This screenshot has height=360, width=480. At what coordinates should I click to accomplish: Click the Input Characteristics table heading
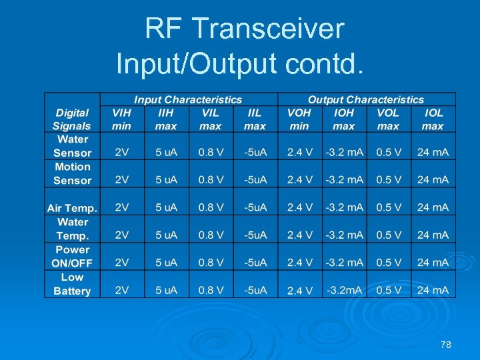pos(188,99)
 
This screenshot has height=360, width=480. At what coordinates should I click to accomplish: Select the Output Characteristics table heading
pos(365,99)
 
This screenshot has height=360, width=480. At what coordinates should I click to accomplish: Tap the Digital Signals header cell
pos(72,119)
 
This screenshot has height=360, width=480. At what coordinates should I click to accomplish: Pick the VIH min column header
pos(122,119)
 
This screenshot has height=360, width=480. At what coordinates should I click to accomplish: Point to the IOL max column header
pos(433,119)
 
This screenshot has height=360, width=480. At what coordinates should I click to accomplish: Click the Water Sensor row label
pos(72,146)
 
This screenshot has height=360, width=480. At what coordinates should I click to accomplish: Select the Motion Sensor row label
pos(72,173)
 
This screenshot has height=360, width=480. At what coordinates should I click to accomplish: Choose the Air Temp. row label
pos(72,208)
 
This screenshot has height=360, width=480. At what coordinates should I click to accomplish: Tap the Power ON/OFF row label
pos(72,256)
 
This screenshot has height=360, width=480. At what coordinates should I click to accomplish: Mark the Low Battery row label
pos(72,284)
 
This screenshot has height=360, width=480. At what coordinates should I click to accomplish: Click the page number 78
pos(446,345)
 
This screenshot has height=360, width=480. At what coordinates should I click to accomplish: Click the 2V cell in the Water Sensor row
pos(122,153)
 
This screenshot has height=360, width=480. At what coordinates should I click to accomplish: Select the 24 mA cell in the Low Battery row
pos(433,290)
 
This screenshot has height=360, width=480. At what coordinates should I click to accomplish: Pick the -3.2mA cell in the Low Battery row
pos(344,290)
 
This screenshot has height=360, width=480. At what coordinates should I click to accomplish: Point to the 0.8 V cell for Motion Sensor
pos(211,180)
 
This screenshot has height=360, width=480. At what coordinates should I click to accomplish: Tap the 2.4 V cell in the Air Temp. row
pos(300,207)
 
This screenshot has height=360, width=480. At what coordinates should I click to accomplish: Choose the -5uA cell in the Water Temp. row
pos(255,235)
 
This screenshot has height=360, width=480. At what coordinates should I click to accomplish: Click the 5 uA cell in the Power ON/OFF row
pos(166,263)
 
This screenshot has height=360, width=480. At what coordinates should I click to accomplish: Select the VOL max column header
pos(388,119)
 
